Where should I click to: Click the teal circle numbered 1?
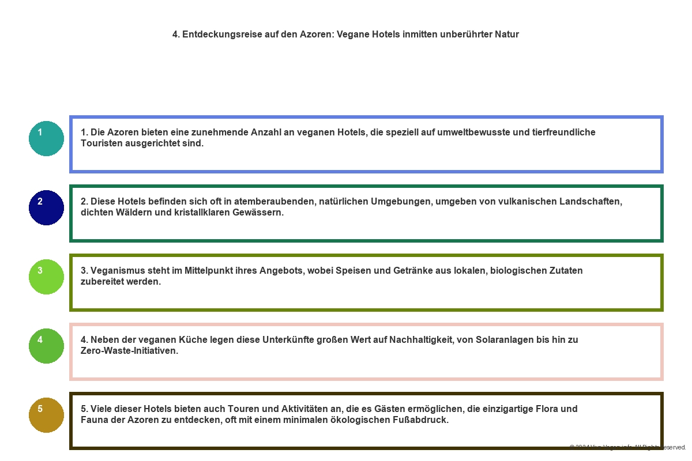pyautogui.click(x=46, y=138)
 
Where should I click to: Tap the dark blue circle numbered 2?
pyautogui.click(x=46, y=207)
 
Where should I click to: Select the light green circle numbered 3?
pyautogui.click(x=46, y=277)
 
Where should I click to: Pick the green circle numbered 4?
pyautogui.click(x=46, y=346)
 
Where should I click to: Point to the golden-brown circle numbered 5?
pyautogui.click(x=46, y=415)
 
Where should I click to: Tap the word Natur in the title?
pyautogui.click(x=507, y=35)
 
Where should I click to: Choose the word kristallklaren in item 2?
pyautogui.click(x=201, y=213)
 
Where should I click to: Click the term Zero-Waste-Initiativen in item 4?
pyautogui.click(x=129, y=351)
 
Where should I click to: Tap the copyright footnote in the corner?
pyautogui.click(x=627, y=447)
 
